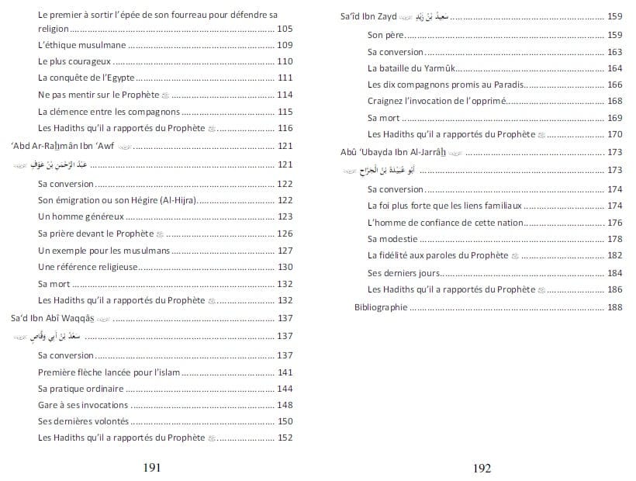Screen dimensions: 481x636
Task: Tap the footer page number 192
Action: tap(482, 468)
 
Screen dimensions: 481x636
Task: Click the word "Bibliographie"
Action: tap(381, 307)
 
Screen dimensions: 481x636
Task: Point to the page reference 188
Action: tap(615, 307)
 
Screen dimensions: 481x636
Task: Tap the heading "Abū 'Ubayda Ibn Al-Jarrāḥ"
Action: tap(395, 151)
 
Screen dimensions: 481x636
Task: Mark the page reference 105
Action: tap(285, 28)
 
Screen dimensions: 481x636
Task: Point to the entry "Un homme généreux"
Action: tap(78, 216)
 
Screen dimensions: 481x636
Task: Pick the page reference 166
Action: tap(615, 85)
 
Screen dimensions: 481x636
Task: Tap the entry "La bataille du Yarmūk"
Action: tap(410, 68)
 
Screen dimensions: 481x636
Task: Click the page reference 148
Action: tap(285, 404)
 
